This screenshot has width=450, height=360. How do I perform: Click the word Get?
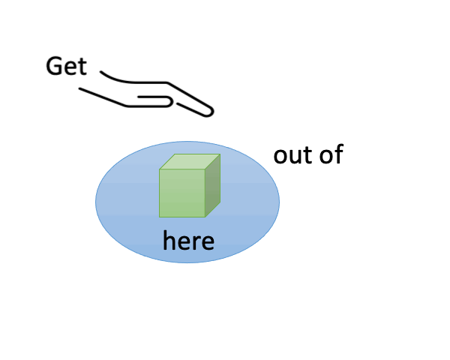click(x=66, y=66)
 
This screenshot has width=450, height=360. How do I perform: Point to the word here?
click(x=188, y=241)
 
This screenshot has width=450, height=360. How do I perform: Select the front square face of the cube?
click(x=181, y=193)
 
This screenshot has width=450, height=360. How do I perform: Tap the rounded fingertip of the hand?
click(x=209, y=112)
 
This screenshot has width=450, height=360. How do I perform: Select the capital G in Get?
click(x=55, y=66)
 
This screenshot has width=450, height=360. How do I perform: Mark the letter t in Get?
click(x=82, y=67)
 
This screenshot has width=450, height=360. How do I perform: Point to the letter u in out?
click(x=293, y=157)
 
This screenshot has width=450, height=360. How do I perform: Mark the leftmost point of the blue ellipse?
click(x=96, y=201)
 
